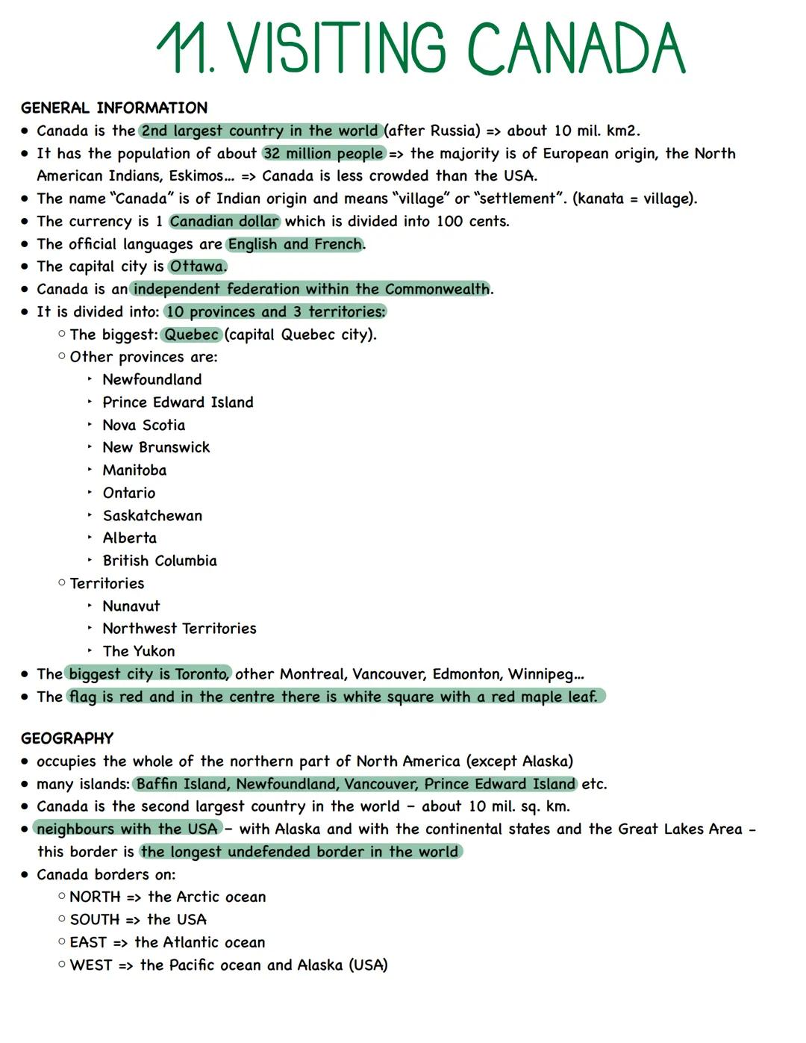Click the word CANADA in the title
click(575, 49)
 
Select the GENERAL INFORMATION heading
click(114, 108)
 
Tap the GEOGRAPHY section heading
click(67, 738)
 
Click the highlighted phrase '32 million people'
click(323, 154)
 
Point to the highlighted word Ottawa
click(197, 267)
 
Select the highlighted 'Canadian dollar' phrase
click(224, 222)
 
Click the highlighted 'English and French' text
click(295, 244)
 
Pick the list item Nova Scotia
click(144, 426)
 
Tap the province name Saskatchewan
click(152, 516)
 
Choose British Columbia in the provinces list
click(160, 561)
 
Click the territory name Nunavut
click(131, 606)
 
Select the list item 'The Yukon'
click(139, 651)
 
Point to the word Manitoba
click(134, 470)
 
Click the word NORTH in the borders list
click(95, 897)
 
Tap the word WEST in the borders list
click(90, 965)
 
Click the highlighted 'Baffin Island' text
click(182, 784)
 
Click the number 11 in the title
click(183, 49)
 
